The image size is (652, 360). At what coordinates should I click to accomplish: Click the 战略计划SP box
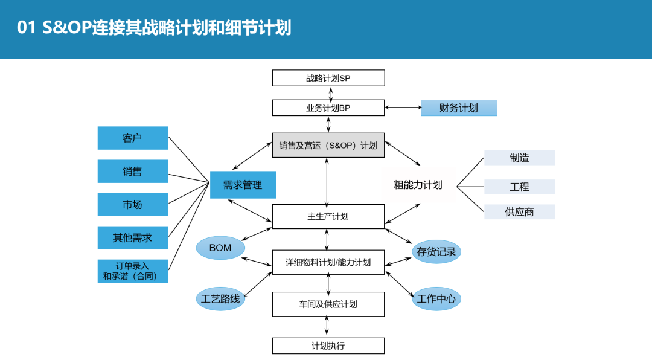(328, 78)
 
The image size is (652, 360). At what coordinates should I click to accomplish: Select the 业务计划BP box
(328, 108)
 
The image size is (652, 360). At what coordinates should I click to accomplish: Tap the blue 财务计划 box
(459, 108)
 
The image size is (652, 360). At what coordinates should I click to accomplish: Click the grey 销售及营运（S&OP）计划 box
(328, 146)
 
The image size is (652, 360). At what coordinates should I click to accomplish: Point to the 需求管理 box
(243, 185)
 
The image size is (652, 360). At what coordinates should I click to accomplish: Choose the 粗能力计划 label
(418, 185)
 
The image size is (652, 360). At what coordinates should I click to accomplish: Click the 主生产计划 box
(328, 216)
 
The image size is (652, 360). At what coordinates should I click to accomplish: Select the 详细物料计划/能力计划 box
(328, 262)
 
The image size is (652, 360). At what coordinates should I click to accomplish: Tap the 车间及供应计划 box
(328, 304)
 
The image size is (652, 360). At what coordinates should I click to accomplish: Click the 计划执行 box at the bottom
(328, 346)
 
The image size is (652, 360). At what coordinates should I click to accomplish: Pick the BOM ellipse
(220, 248)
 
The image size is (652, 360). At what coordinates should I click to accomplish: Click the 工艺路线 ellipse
(220, 299)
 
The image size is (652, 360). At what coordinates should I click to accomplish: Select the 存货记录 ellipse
(436, 252)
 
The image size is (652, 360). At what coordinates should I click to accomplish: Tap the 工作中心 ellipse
(436, 299)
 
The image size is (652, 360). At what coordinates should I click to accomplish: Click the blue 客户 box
(132, 138)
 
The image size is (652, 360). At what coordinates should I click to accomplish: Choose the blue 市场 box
(132, 205)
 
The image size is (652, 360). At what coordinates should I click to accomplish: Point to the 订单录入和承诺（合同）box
(132, 271)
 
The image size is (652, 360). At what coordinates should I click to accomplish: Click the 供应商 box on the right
(519, 212)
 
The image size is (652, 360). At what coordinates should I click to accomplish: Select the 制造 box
(519, 158)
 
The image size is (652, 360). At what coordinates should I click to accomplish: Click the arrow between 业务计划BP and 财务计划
(403, 108)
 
